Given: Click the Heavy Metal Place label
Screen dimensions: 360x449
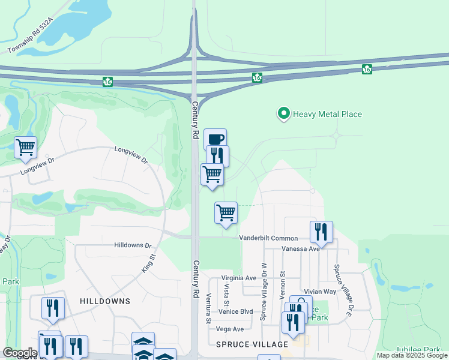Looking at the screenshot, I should pyautogui.click(x=327, y=114).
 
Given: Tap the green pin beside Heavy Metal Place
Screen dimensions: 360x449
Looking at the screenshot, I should pyautogui.click(x=283, y=113).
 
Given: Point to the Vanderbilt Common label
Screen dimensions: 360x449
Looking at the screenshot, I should pyautogui.click(x=268, y=238).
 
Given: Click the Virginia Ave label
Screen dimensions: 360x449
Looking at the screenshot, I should pyautogui.click(x=238, y=278).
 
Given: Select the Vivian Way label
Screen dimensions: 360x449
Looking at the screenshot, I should pyautogui.click(x=316, y=291).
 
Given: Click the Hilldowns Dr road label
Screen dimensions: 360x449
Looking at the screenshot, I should pyautogui.click(x=133, y=245).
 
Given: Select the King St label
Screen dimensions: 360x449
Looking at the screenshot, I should pyautogui.click(x=148, y=263).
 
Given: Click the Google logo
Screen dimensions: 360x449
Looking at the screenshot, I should pyautogui.click(x=20, y=353).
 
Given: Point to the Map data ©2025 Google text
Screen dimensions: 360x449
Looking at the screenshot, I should pyautogui.click(x=411, y=355).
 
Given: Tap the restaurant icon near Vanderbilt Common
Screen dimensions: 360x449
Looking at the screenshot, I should pyautogui.click(x=321, y=231).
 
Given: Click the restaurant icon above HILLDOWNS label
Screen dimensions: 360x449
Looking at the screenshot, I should pyautogui.click(x=53, y=308).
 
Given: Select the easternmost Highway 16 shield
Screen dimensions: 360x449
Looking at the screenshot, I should pyautogui.click(x=367, y=70).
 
